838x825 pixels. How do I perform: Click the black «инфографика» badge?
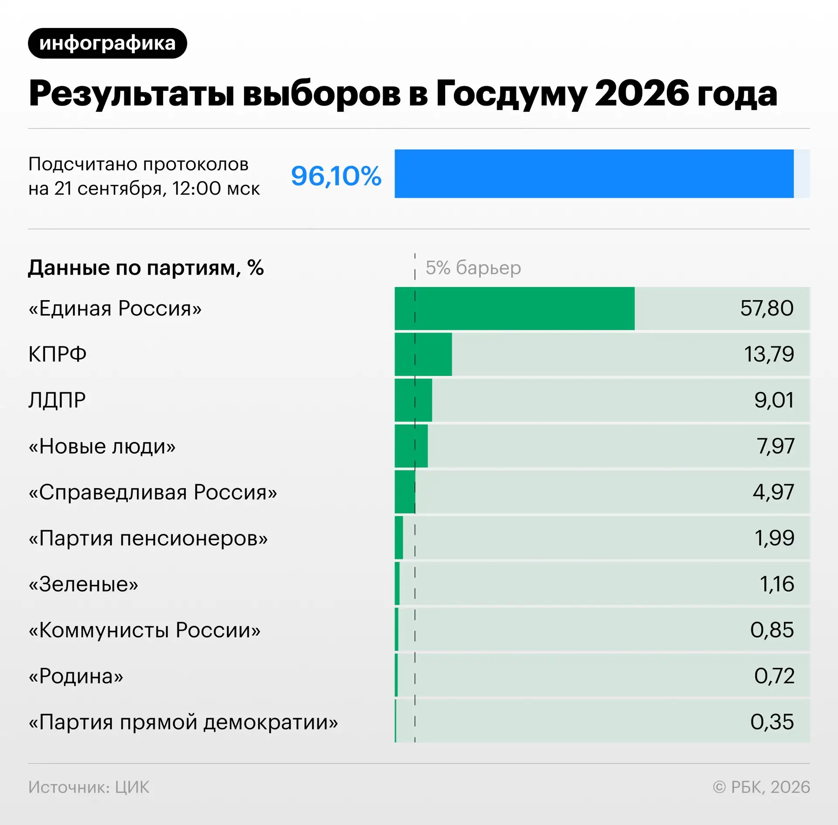coord(107,43)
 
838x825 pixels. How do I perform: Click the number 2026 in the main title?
coord(642,93)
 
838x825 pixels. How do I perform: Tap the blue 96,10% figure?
coord(336,176)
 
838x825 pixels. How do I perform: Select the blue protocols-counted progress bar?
coord(594,174)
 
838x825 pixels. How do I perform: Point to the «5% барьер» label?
coord(473,267)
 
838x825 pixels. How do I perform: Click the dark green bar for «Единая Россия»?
coord(515,308)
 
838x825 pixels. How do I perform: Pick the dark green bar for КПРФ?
coord(423,354)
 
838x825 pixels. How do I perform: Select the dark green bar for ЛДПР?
coord(413,400)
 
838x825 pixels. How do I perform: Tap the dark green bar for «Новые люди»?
coord(411,446)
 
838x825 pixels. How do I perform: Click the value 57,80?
coord(767,308)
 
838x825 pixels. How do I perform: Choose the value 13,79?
coord(769,354)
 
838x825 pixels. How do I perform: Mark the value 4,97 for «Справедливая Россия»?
coord(773,492)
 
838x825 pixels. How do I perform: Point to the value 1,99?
coord(774,538)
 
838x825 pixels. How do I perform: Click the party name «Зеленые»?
coord(83,584)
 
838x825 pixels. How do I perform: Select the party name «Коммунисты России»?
coord(144,630)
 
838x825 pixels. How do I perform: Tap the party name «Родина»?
coord(76,676)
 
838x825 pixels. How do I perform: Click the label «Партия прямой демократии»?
coord(183,722)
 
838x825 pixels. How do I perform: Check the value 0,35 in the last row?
coord(772,722)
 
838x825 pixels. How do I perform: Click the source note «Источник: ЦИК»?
coord(89,787)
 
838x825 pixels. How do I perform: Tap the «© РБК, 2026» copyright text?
coord(761,787)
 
